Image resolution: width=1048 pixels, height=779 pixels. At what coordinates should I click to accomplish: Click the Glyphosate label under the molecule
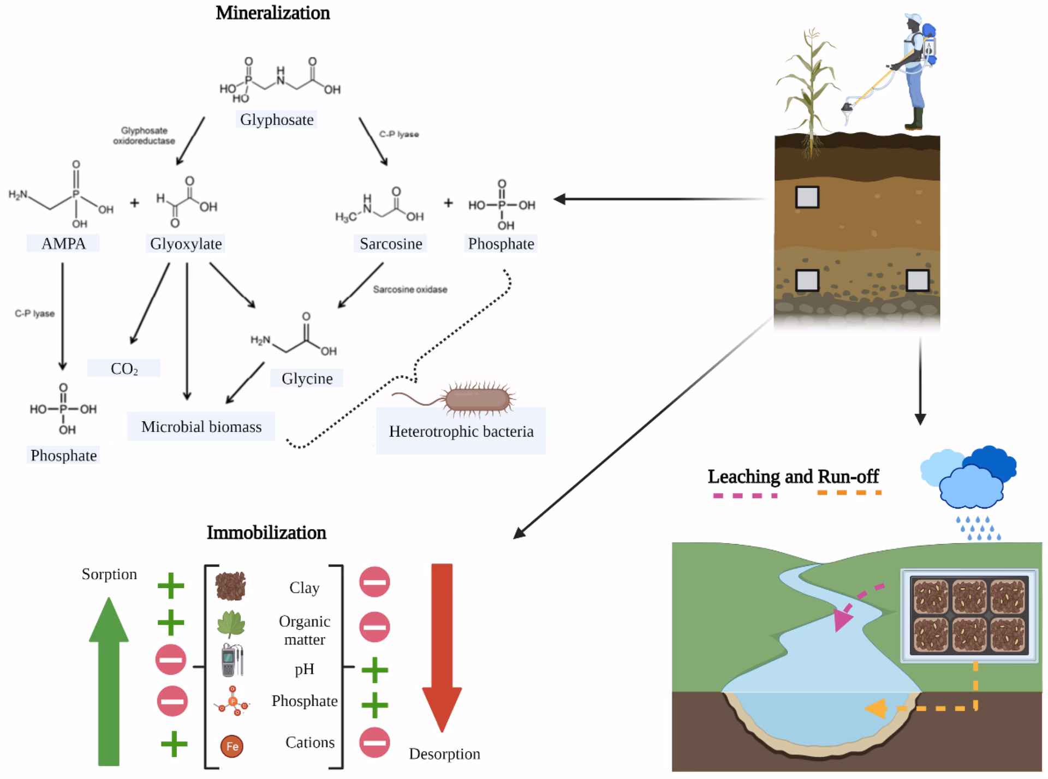[x=277, y=119]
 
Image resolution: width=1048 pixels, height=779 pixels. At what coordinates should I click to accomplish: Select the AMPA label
[x=63, y=243]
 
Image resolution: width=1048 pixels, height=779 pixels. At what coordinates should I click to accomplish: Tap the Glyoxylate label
[x=186, y=243]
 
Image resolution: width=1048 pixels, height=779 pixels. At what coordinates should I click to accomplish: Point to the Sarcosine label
[x=391, y=243]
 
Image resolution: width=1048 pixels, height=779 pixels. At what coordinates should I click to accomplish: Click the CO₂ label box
[x=124, y=369]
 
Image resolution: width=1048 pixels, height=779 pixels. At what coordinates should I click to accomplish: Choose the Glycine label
[x=307, y=378]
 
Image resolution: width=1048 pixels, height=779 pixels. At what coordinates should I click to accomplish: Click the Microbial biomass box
[x=201, y=426]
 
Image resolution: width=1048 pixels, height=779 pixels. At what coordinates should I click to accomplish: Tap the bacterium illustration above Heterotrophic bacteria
[x=478, y=399]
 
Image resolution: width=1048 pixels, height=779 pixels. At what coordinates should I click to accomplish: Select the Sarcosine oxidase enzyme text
[x=410, y=289]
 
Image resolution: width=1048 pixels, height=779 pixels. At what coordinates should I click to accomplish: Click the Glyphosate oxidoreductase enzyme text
[x=144, y=135]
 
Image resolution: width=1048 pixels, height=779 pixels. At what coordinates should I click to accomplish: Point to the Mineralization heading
[x=272, y=13]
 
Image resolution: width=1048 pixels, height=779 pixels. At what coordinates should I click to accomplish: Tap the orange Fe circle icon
[x=232, y=746]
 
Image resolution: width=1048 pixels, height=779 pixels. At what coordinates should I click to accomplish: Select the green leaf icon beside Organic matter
[x=231, y=624]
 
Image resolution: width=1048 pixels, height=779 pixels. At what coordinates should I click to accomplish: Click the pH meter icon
[x=232, y=660]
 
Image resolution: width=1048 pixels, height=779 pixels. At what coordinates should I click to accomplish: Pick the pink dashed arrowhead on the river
[x=843, y=620]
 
